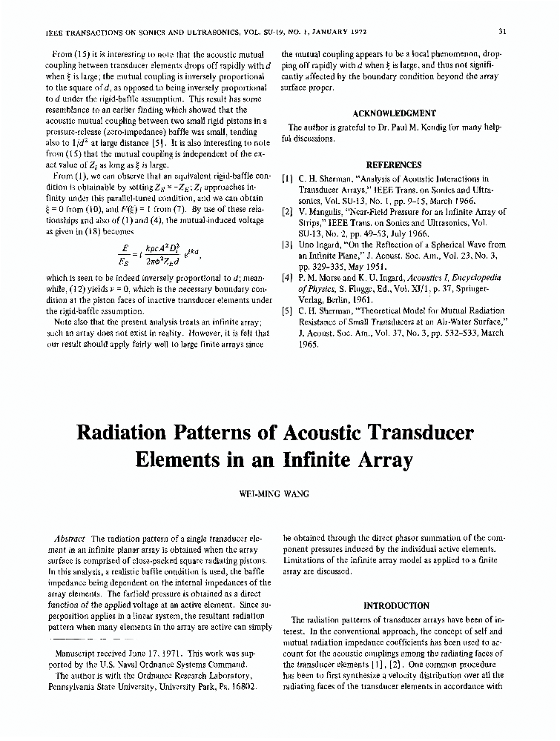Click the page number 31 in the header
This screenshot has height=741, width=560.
(502, 31)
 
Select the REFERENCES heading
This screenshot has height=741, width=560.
(394, 165)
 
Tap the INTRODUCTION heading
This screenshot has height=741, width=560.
(396, 605)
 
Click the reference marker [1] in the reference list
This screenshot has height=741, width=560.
(287, 179)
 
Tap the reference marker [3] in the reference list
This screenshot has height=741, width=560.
(287, 245)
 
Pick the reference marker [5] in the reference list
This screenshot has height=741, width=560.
(287, 310)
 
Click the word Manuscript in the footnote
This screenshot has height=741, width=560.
(79, 654)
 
